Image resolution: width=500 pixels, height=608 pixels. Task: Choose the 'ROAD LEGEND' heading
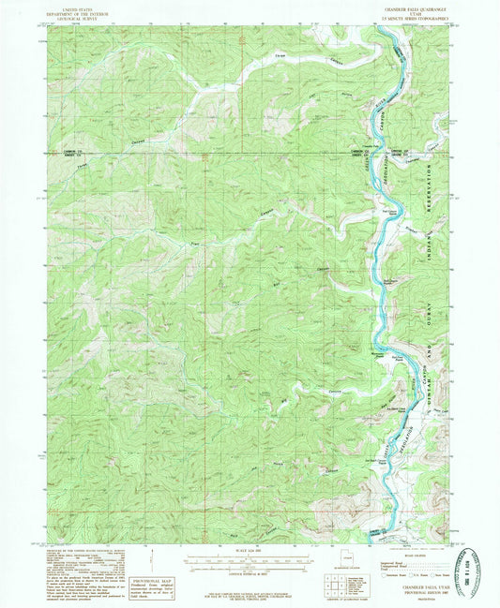[413, 553]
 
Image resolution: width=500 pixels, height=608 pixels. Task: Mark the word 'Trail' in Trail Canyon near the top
[277, 56]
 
